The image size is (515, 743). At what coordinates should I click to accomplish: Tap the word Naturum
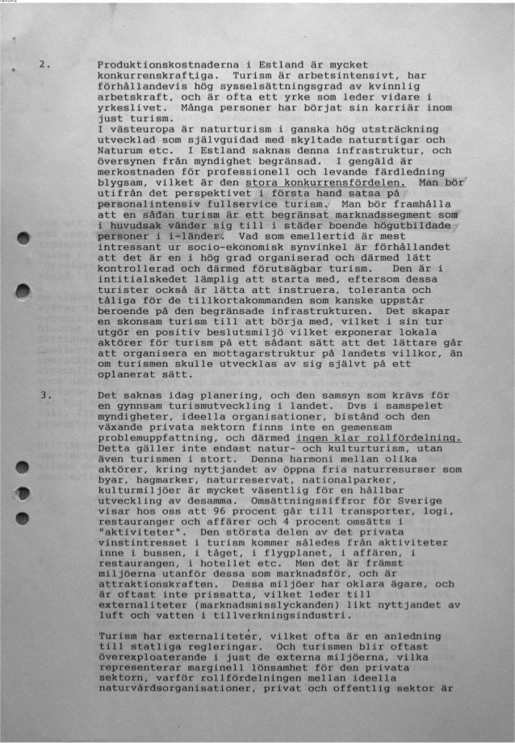click(119, 150)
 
